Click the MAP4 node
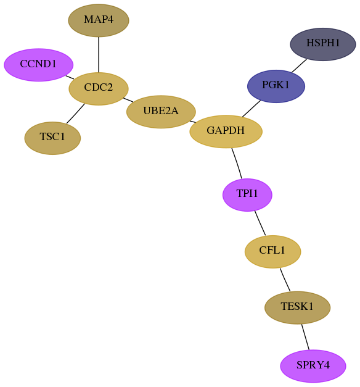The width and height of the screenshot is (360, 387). tap(99, 20)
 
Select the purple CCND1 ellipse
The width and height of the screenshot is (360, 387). tap(38, 65)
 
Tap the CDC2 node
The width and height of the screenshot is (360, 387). tap(99, 89)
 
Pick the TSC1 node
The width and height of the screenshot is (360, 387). tap(52, 138)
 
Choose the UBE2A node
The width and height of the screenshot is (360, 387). tap(161, 112)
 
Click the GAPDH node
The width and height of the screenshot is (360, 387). tap(226, 131)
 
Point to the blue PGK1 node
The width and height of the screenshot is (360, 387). tap(276, 86)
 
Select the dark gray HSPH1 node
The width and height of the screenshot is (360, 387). tap(323, 44)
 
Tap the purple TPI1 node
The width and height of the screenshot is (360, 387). tap(247, 194)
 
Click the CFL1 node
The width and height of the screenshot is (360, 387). tap(272, 252)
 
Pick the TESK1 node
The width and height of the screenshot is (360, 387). tap(297, 307)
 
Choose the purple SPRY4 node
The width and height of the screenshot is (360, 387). tap(313, 366)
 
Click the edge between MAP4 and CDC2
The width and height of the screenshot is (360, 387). tap(99, 54)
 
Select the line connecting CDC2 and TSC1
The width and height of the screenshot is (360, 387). tap(75, 114)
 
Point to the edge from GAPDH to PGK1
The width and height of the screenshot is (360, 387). tap(252, 109)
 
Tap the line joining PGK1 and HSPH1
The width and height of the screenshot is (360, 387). tap(299, 65)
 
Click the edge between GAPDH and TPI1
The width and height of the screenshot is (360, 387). tap(237, 163)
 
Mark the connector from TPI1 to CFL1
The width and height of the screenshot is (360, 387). tap(260, 223)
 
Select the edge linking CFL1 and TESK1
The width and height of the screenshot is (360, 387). tap(285, 280)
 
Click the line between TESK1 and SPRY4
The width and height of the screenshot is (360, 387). tap(305, 337)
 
